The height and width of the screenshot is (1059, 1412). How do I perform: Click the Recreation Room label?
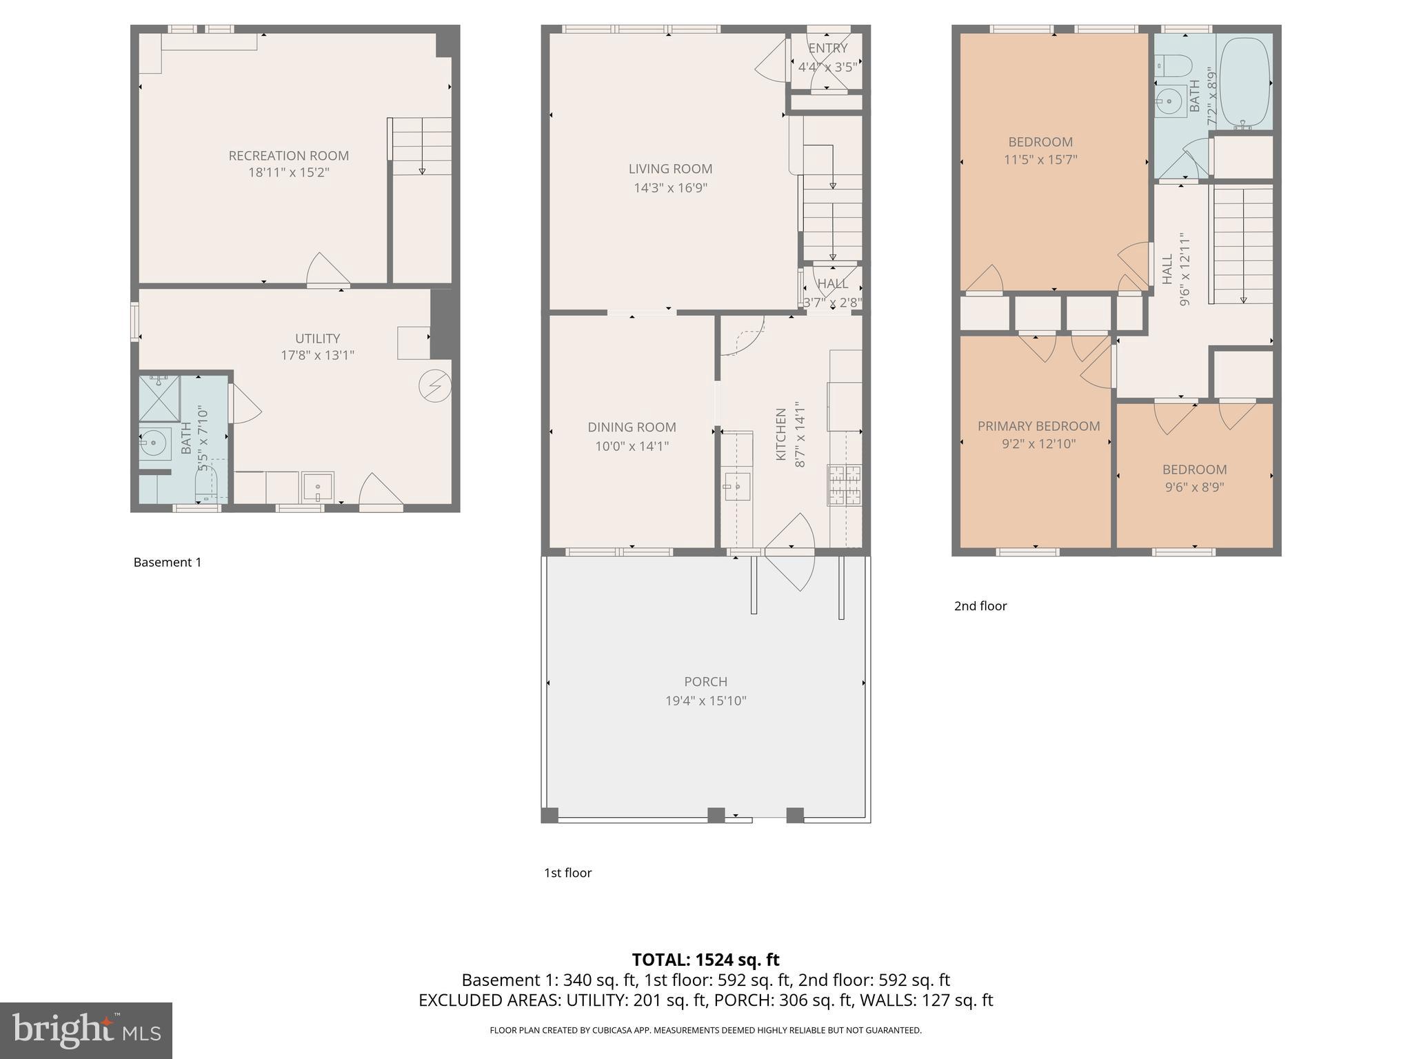(x=288, y=156)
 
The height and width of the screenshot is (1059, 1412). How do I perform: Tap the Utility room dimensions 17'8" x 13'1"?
(x=317, y=355)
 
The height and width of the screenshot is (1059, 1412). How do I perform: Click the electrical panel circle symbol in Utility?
(x=435, y=387)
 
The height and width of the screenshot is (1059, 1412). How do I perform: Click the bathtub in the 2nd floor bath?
(x=1244, y=82)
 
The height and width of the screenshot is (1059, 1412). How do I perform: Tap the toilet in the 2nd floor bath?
(x=1173, y=66)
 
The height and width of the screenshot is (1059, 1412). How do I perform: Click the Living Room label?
(x=670, y=169)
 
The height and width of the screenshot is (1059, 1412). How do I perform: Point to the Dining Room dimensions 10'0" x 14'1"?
(x=632, y=446)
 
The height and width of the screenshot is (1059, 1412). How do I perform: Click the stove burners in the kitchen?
(x=845, y=485)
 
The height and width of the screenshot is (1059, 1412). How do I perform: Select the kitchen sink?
(x=737, y=486)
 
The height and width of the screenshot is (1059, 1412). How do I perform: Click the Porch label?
(x=705, y=681)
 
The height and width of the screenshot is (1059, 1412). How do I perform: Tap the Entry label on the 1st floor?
(x=827, y=48)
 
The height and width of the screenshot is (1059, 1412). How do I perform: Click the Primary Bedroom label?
(x=1038, y=426)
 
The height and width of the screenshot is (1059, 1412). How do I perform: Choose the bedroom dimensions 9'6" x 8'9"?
(x=1194, y=487)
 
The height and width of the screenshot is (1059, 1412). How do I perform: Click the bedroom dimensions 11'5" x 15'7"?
(x=1040, y=159)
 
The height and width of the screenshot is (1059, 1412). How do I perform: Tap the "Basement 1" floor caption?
(x=168, y=562)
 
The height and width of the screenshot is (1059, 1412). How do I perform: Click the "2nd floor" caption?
(x=980, y=606)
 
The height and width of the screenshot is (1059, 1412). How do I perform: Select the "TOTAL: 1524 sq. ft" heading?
(x=705, y=959)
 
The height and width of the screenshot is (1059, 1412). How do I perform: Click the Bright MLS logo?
(x=86, y=1030)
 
